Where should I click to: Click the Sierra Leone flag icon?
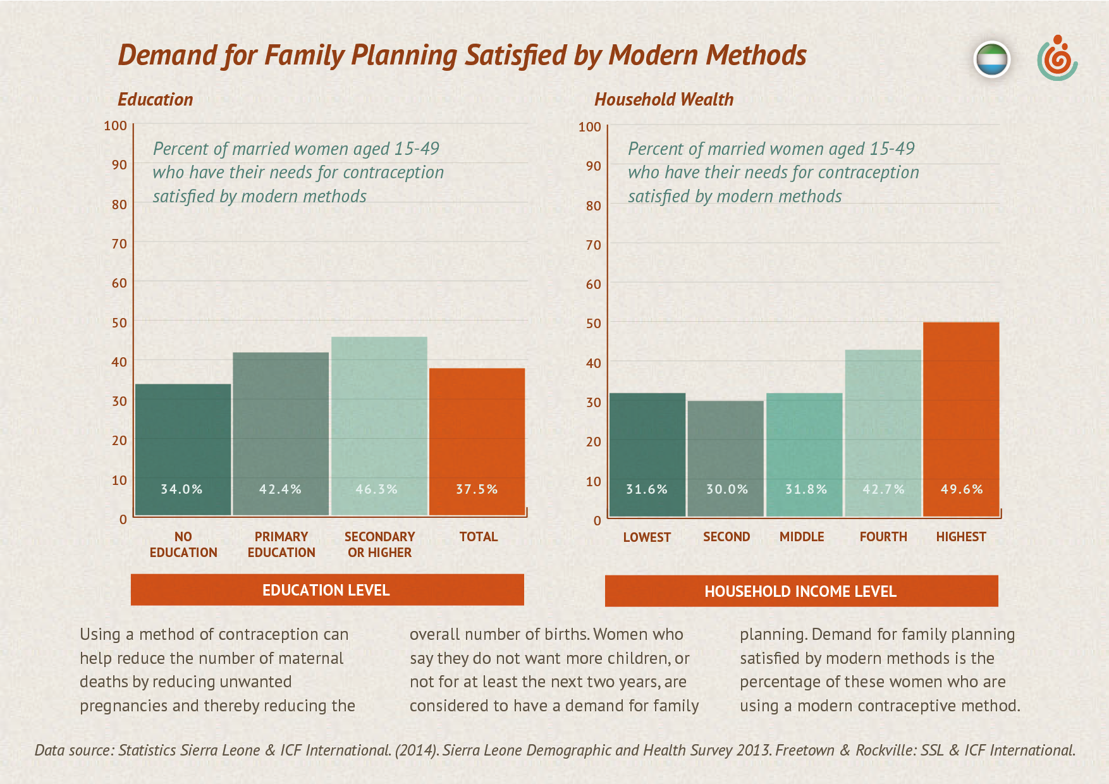(x=992, y=60)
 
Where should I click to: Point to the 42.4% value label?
(x=280, y=489)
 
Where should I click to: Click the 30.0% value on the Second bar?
(x=727, y=489)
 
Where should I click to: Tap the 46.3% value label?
(x=377, y=489)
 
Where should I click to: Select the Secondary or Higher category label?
(x=379, y=544)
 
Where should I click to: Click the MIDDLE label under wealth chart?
(x=802, y=537)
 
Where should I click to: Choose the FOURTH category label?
(x=883, y=537)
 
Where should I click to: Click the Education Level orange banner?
(x=327, y=590)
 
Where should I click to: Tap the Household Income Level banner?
(x=801, y=591)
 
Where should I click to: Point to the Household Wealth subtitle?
(x=664, y=99)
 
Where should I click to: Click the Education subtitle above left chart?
(x=156, y=99)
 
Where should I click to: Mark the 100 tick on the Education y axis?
(x=116, y=125)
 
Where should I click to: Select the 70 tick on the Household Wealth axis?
(x=593, y=245)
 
